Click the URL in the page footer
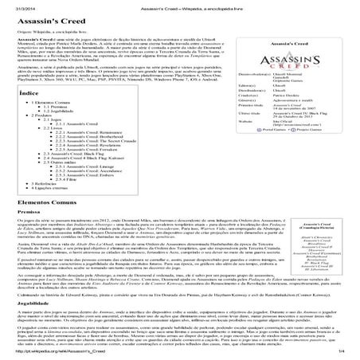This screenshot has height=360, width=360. (x=48, y=351)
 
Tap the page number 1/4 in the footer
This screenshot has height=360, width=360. (x=350, y=351)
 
